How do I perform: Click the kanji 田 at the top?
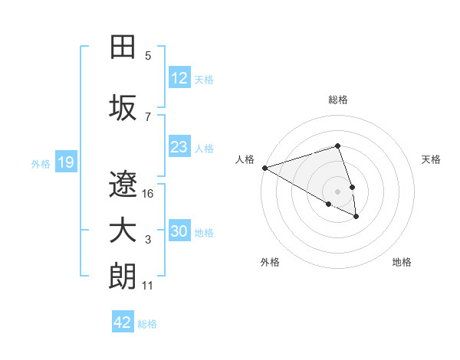click(x=123, y=47)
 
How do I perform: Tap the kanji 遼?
click(x=123, y=184)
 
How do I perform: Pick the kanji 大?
click(x=123, y=231)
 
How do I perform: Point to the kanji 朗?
click(x=123, y=277)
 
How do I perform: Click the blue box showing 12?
click(x=179, y=78)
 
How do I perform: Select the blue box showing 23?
click(x=179, y=147)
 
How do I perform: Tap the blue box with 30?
click(x=179, y=231)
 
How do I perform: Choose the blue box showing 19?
click(x=65, y=162)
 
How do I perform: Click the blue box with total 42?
click(x=123, y=322)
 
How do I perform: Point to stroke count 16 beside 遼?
click(x=149, y=194)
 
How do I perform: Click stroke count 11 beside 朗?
click(x=148, y=286)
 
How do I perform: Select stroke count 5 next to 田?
click(x=148, y=55)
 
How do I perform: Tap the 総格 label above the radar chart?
click(x=338, y=100)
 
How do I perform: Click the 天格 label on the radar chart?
click(x=431, y=159)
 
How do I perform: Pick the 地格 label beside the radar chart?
click(x=402, y=262)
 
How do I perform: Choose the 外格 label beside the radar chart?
click(x=270, y=262)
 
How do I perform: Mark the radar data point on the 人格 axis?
click(x=264, y=168)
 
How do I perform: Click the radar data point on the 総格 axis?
click(x=337, y=146)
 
